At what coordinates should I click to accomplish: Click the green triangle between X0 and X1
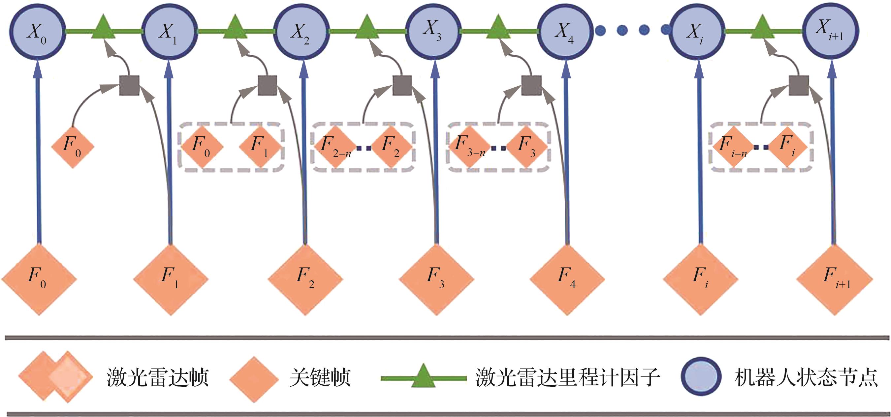[103, 28]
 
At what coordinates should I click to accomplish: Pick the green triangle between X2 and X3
[367, 28]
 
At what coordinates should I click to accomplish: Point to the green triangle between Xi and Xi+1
[762, 28]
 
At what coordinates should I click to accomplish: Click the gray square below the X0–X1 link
[129, 85]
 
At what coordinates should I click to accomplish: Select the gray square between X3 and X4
[531, 85]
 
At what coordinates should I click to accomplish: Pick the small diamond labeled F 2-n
[335, 147]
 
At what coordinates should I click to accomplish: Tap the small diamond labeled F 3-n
[469, 147]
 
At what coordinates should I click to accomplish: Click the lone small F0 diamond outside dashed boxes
[73, 147]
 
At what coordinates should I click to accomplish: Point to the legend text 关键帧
[320, 377]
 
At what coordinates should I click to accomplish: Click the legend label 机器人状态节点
[806, 377]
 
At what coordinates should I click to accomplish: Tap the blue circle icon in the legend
[701, 377]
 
